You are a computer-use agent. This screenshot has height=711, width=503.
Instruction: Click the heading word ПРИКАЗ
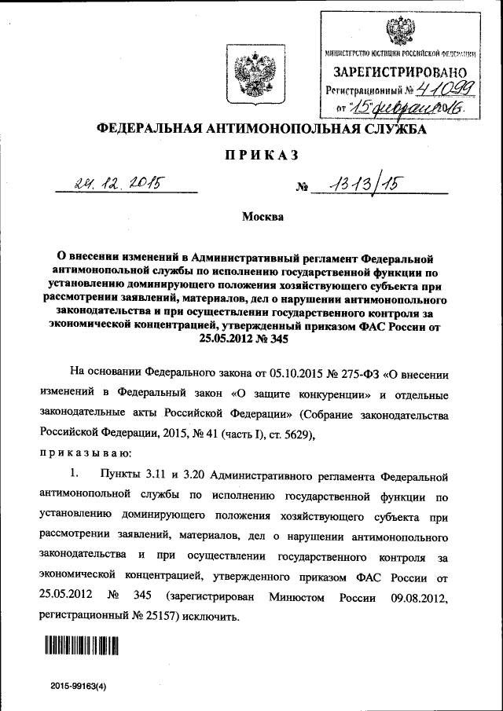coord(251,156)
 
